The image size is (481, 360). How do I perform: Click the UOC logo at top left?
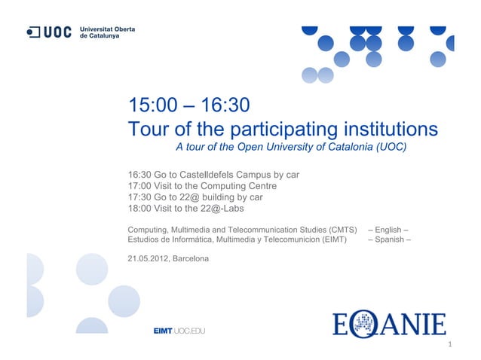[50, 32]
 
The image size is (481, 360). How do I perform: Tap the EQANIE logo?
[389, 325]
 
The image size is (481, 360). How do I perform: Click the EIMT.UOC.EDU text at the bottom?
[179, 330]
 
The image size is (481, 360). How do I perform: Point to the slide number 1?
[449, 347]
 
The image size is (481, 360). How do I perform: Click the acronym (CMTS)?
[342, 228]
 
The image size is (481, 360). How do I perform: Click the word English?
[388, 228]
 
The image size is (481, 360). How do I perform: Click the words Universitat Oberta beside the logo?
[107, 29]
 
